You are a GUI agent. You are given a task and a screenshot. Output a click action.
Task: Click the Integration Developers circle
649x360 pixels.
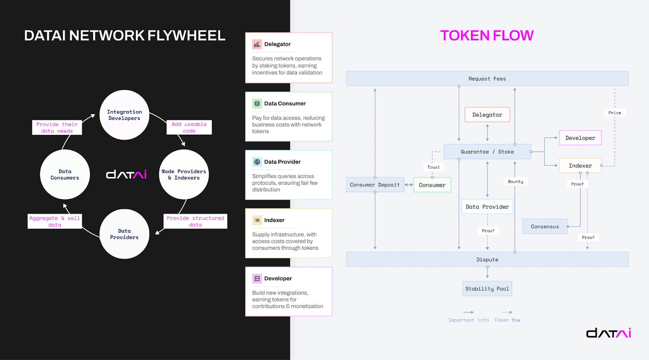124,115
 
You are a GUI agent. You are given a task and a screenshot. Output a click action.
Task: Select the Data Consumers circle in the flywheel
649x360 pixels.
65,175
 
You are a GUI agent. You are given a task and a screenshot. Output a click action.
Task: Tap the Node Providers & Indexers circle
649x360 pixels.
184,175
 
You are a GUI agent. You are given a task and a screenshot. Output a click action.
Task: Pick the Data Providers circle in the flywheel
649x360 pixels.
124,234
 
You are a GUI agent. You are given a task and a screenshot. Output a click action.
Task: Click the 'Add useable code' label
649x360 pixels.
189,127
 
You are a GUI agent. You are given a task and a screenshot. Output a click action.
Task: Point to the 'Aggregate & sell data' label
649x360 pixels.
55,221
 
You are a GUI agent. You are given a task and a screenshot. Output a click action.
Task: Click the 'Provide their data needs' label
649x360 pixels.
57,127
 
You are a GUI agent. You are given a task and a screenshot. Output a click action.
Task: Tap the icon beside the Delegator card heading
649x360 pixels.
257,44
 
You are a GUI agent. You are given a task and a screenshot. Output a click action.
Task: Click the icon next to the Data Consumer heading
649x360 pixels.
257,103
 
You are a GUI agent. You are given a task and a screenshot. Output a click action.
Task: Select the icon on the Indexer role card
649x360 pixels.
257,220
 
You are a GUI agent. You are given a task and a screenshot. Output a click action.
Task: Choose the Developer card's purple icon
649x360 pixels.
257,278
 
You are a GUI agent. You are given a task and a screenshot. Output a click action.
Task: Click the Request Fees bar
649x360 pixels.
487,79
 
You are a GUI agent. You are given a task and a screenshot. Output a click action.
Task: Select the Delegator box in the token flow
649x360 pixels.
487,115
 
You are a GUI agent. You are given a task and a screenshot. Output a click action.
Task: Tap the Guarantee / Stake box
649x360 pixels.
487,152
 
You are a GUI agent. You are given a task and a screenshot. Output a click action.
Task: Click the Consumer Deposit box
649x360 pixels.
375,185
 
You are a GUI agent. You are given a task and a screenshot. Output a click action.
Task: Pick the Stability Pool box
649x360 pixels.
487,289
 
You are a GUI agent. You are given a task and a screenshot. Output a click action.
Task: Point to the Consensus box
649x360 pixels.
545,226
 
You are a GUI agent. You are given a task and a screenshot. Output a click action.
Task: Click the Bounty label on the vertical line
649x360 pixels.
516,181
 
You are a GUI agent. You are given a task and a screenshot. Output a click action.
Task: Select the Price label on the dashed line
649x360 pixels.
615,113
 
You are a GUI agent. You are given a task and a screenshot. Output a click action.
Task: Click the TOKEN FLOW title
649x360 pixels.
487,36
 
